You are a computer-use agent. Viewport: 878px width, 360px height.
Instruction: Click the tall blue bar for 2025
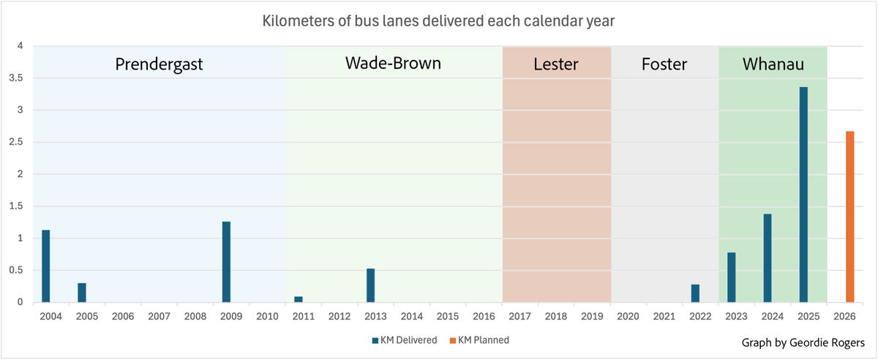(803, 195)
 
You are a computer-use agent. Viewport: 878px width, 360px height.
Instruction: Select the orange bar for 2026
(849, 217)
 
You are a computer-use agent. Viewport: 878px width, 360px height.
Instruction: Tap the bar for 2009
(226, 261)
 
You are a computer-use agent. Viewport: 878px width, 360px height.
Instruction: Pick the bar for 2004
(46, 266)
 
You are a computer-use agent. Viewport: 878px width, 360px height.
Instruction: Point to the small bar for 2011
(298, 299)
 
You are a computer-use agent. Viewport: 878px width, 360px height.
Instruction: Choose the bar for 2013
(370, 285)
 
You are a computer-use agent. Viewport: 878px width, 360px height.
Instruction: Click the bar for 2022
(695, 293)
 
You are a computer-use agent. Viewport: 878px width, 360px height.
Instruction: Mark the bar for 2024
(768, 258)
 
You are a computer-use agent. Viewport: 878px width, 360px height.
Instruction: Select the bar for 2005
(82, 292)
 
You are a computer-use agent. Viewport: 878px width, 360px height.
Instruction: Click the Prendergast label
(159, 64)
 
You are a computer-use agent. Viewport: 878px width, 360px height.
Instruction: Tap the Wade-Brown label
(393, 64)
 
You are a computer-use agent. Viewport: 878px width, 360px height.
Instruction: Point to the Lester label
(556, 64)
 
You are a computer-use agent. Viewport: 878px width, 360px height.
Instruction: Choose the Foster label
(664, 64)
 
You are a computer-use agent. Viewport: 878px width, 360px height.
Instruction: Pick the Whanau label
(773, 64)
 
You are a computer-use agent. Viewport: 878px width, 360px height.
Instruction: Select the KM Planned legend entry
(479, 340)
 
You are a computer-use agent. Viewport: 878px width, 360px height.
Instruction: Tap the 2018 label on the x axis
(556, 317)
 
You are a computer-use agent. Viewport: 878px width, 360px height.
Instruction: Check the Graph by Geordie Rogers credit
(803, 342)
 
